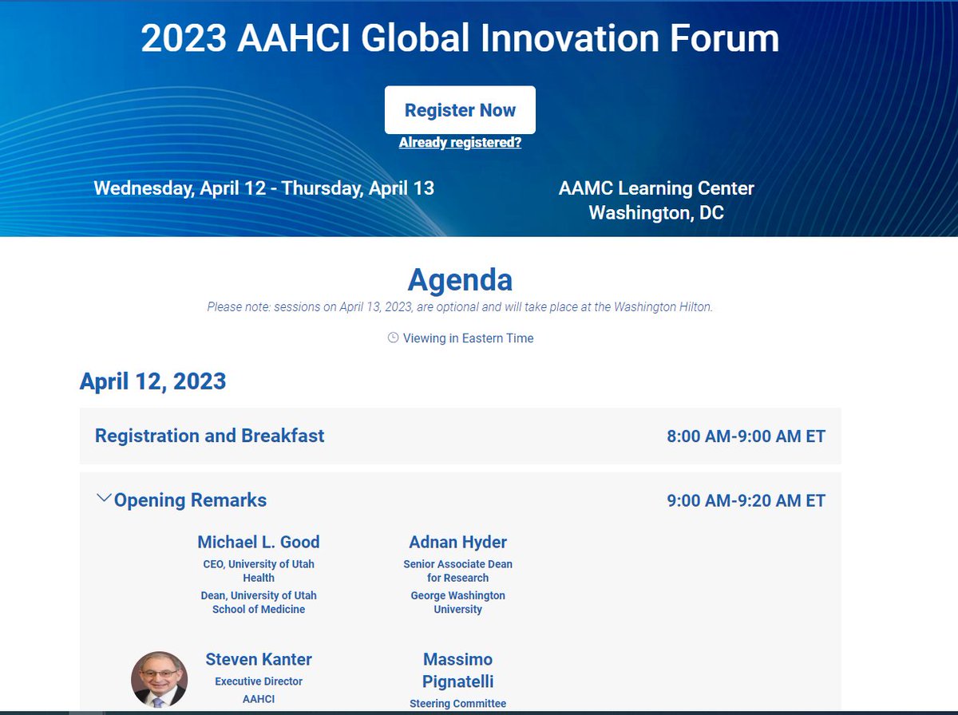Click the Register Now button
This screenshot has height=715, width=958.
[460, 110]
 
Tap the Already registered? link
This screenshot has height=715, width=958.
[460, 143]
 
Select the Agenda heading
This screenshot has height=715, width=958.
[460, 280]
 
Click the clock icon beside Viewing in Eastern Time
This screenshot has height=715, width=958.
[393, 338]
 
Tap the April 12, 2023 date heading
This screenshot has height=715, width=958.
[152, 381]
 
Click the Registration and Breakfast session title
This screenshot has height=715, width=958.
[210, 436]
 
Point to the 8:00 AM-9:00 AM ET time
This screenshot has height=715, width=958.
[746, 437]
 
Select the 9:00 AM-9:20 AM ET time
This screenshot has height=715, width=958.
[746, 501]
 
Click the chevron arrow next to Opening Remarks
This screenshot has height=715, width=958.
[103, 499]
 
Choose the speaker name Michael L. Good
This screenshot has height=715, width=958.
[258, 542]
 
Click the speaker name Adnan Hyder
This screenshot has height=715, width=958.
[457, 542]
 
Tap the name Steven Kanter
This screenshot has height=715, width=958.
[259, 659]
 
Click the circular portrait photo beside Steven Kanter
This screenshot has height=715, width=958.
[159, 679]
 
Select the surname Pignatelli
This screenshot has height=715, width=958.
[457, 681]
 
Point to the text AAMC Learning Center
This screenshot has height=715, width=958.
[656, 188]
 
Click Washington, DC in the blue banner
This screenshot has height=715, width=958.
[656, 213]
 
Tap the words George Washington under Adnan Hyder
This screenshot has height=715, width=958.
[457, 595]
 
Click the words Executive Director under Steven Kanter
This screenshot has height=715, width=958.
[259, 681]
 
